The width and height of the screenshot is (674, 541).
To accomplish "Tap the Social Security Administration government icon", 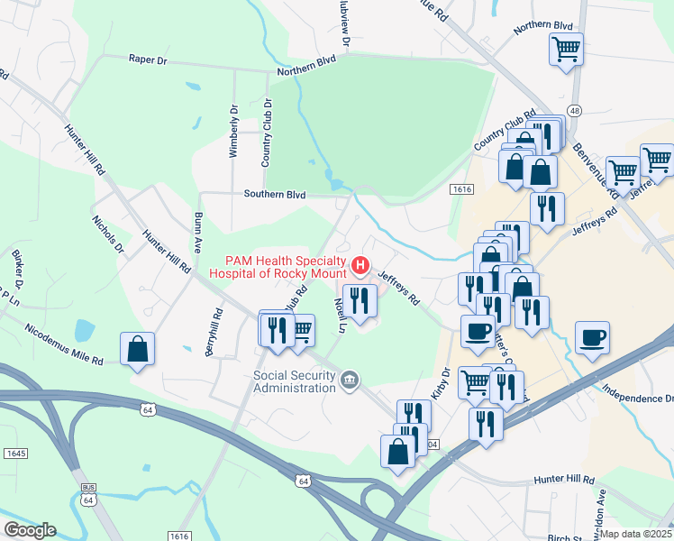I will (351, 381).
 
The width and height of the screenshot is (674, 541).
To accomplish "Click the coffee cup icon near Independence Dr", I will (592, 338).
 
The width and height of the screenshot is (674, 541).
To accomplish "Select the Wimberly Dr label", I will (233, 132).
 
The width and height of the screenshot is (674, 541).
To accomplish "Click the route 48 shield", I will (575, 110).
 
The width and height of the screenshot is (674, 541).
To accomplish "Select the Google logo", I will (29, 530).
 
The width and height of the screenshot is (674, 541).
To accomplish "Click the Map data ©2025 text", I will (636, 534).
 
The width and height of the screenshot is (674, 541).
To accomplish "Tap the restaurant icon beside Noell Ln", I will (360, 301).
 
